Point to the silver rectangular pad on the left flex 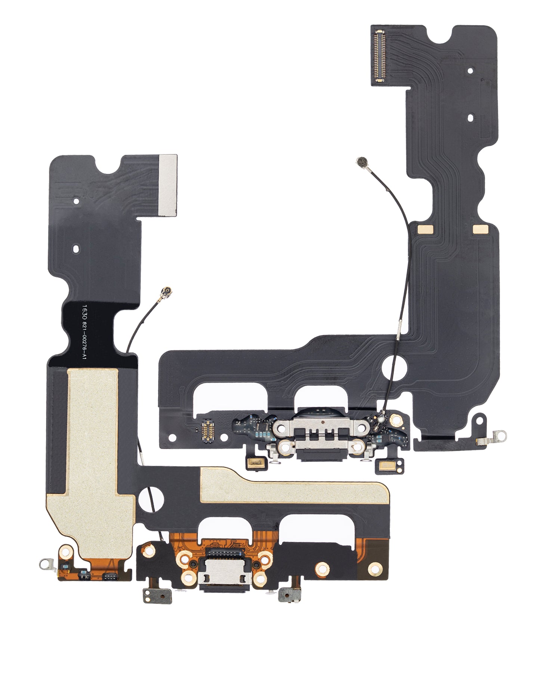[x=167, y=185]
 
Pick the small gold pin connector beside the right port [x=209, y=431]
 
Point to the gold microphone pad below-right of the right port [x=385, y=465]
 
